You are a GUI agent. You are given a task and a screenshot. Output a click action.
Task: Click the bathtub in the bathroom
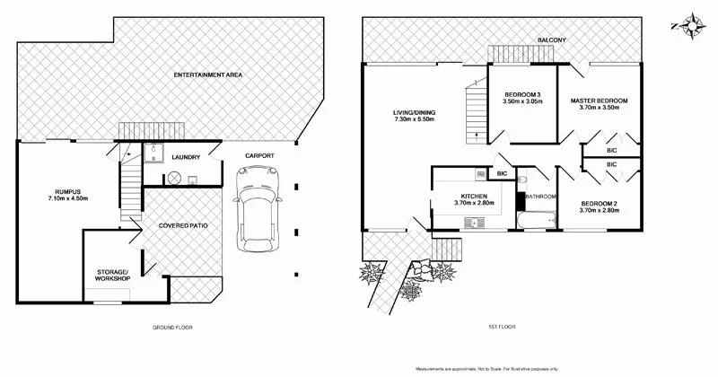click(536, 219)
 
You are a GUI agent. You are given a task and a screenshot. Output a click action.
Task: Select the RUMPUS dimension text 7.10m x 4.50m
click(68, 200)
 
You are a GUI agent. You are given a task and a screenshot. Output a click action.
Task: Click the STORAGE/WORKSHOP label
click(114, 275)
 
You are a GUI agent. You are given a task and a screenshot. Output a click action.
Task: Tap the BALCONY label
click(550, 40)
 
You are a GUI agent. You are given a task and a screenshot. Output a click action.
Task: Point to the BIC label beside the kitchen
click(503, 172)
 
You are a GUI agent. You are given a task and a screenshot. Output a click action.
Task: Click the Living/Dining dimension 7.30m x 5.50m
click(414, 119)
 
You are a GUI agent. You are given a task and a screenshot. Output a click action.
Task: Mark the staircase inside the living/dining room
click(473, 112)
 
